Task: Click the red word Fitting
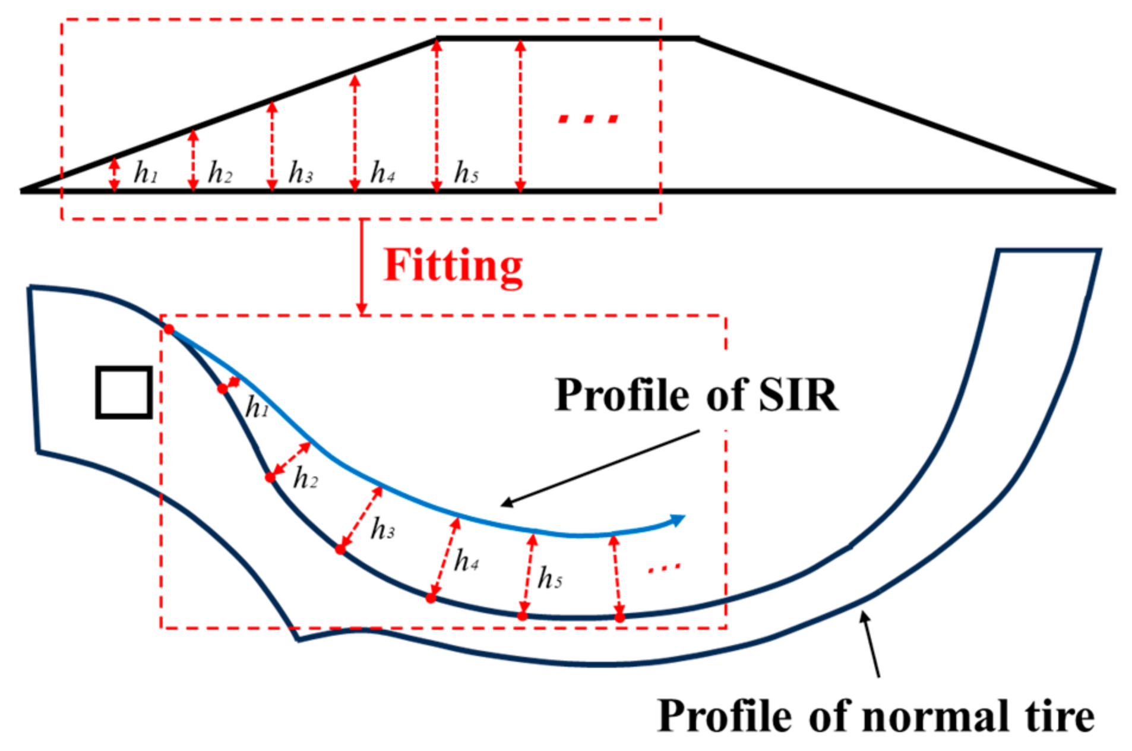coord(453,266)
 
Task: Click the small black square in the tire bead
coord(124,392)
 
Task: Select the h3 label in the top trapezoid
coord(301,173)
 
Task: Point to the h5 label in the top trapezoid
coord(466,173)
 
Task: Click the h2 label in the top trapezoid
coord(220,173)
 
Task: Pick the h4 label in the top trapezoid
coord(382,173)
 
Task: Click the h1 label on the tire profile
coord(257,408)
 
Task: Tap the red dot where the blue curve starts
coord(169,329)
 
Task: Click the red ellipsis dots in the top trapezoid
coord(588,119)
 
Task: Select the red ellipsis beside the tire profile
coord(664,568)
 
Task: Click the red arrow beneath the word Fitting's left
coord(362,267)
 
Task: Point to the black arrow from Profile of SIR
coord(600,468)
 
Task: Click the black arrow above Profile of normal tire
coord(871,645)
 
